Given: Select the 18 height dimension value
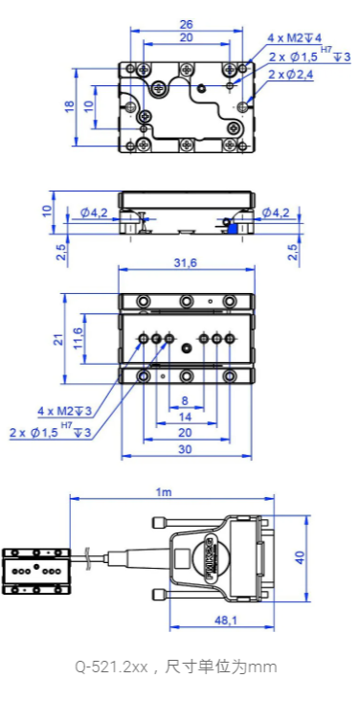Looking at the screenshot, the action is [x=69, y=106].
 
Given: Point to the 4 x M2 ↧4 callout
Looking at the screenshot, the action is [x=294, y=38].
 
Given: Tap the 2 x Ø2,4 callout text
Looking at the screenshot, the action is [x=291, y=75].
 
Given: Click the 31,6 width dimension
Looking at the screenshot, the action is [x=186, y=262].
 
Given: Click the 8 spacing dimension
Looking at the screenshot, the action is [x=185, y=400].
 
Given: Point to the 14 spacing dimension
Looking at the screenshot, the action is [x=185, y=417].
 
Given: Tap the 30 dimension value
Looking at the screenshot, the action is [x=185, y=449].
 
